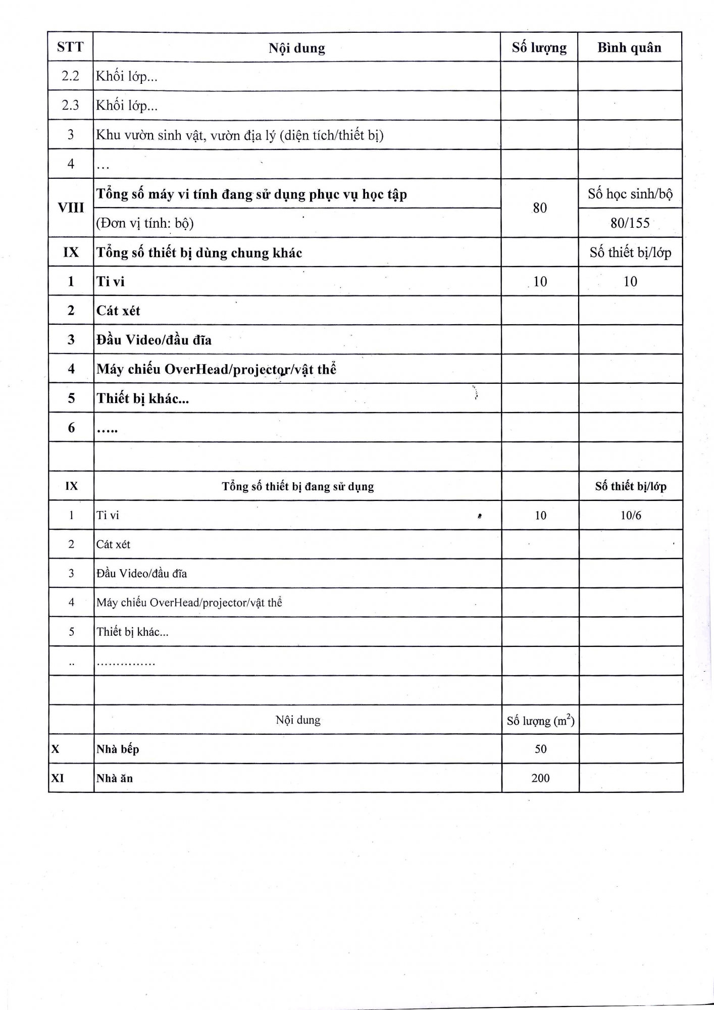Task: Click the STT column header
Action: click(70, 47)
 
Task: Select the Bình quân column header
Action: click(629, 47)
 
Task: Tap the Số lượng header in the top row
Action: click(539, 47)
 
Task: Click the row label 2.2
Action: click(70, 76)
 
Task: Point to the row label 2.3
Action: click(70, 105)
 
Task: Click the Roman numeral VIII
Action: click(71, 208)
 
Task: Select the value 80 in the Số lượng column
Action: click(540, 208)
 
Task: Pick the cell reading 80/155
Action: click(630, 223)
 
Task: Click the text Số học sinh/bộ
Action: click(630, 194)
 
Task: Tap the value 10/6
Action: click(631, 515)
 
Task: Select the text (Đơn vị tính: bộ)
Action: click(145, 223)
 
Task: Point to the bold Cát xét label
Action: click(118, 311)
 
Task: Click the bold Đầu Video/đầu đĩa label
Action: click(154, 340)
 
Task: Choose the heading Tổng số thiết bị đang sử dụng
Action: click(298, 486)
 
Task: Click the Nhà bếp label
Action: click(118, 749)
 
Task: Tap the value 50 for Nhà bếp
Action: click(540, 749)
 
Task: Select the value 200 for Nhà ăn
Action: click(540, 778)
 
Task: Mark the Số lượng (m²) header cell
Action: click(540, 721)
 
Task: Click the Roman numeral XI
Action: click(58, 778)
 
